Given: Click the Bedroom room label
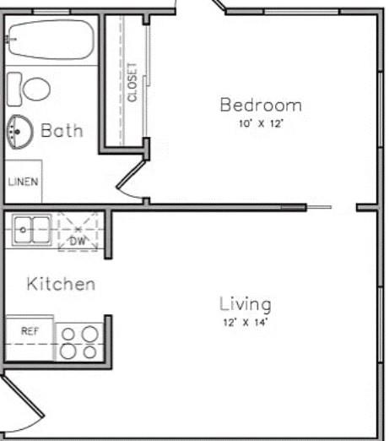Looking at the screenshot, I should (x=261, y=106).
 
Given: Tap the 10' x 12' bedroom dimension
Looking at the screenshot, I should (x=261, y=123).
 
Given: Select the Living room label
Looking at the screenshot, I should (x=245, y=304).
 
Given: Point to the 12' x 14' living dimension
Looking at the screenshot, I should (x=245, y=322).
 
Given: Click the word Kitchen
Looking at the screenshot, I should (x=61, y=284).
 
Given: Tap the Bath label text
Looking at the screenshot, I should (x=62, y=131).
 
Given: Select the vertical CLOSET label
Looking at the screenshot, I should (x=132, y=82).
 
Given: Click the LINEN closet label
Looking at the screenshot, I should (x=23, y=182).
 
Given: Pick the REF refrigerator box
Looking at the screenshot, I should (x=30, y=331).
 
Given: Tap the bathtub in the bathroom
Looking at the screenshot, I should (x=49, y=40).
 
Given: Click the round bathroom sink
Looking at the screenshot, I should (x=18, y=132).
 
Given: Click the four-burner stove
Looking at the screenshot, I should (x=79, y=342).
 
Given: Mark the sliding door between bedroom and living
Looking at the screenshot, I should (x=318, y=207).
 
